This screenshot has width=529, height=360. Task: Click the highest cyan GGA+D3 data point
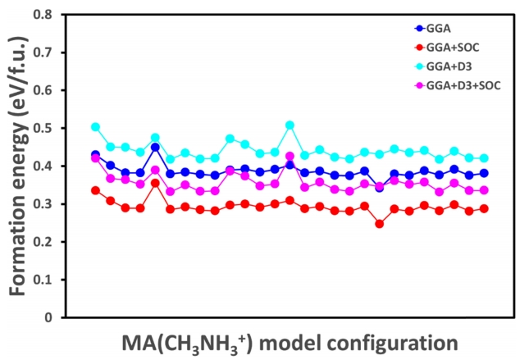(x=290, y=125)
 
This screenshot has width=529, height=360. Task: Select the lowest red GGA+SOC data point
(x=379, y=223)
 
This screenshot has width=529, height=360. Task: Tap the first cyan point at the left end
(x=95, y=127)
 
